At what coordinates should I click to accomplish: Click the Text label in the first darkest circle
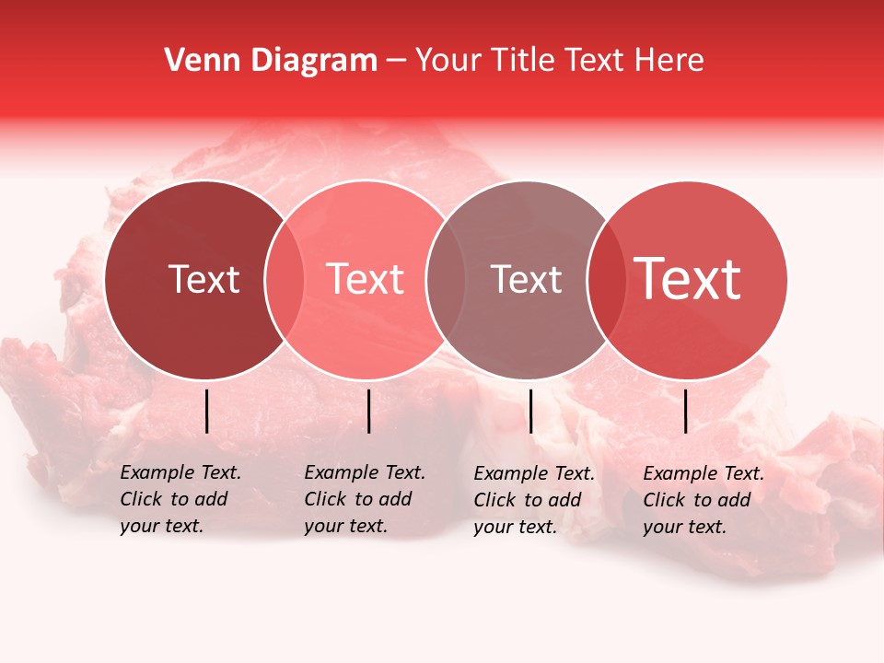coord(204,279)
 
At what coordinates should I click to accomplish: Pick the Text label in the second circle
coord(366,279)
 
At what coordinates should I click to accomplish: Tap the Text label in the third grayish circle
coord(526,279)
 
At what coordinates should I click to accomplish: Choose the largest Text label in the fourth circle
coord(688,279)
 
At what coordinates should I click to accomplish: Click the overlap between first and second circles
coord(285,280)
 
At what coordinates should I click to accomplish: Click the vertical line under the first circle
coord(206,411)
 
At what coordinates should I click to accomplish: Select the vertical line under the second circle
coord(368,411)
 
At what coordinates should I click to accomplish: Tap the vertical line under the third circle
coord(530,411)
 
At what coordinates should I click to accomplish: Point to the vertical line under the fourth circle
coord(685,411)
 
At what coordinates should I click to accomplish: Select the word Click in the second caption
coord(325,499)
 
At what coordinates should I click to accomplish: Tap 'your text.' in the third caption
coord(517,527)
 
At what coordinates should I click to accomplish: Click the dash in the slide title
coord(396,62)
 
